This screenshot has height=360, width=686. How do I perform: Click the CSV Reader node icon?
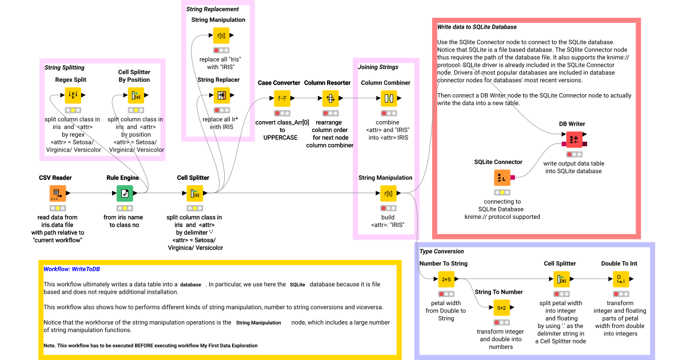(57, 193)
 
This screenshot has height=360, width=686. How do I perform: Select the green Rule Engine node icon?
(125, 193)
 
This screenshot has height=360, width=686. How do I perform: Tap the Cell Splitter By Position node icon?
(134, 95)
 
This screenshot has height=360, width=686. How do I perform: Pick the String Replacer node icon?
(222, 95)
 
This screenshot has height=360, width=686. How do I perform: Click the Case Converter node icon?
(282, 98)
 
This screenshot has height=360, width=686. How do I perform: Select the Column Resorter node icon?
(330, 98)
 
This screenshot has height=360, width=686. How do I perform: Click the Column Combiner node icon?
(388, 98)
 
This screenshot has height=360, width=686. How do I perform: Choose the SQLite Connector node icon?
(502, 178)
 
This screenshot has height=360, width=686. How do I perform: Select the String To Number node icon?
(501, 307)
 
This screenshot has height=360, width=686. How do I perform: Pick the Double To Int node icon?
(621, 279)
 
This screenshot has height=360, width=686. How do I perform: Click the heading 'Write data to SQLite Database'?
(477, 27)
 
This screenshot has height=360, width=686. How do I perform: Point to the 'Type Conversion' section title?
(441, 251)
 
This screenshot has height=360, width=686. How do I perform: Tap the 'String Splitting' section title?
(64, 67)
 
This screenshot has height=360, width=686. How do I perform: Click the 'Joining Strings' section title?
(378, 67)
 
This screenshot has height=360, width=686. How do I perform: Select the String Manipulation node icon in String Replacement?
(222, 35)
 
